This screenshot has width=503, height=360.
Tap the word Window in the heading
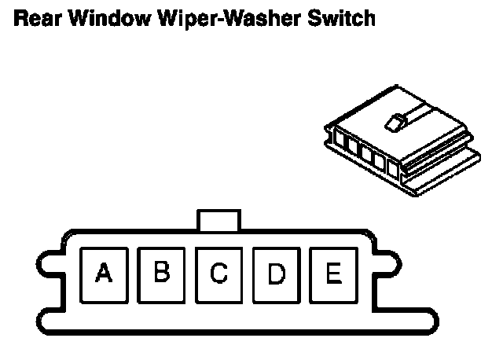pos(97,17)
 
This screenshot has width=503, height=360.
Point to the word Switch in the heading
pos(336,17)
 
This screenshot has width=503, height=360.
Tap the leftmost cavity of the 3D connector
pos(341,141)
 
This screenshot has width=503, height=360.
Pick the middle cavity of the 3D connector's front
pos(366,154)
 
